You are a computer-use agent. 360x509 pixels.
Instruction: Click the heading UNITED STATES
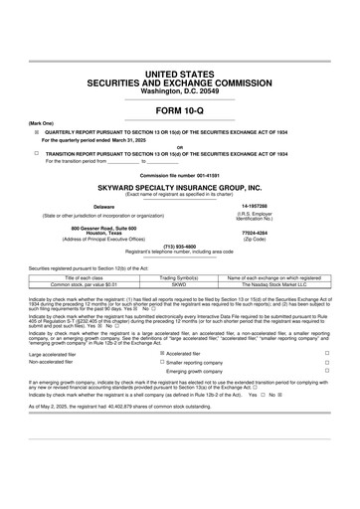pos(180,75)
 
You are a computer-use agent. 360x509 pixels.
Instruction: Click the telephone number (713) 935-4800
pos(180,246)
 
